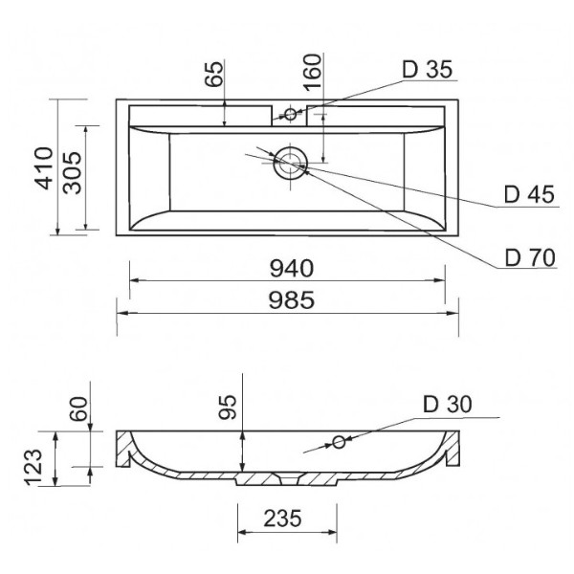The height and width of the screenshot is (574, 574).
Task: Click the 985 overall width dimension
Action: pos(292,300)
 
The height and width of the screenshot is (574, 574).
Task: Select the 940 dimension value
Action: pos(292,268)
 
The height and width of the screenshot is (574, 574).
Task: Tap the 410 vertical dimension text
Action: pos(44,168)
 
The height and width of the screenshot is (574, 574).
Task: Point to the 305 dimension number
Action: pos(72,172)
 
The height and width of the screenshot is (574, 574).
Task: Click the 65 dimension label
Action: pos(213,74)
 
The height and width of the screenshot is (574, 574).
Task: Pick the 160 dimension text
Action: pos(312,72)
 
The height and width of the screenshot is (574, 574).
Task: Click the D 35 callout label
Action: pos(428,69)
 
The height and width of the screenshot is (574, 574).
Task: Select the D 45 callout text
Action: pos(529,194)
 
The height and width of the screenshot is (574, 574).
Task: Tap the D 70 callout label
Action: pos(530,257)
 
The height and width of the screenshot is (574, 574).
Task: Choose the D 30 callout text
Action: pos(448,404)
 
